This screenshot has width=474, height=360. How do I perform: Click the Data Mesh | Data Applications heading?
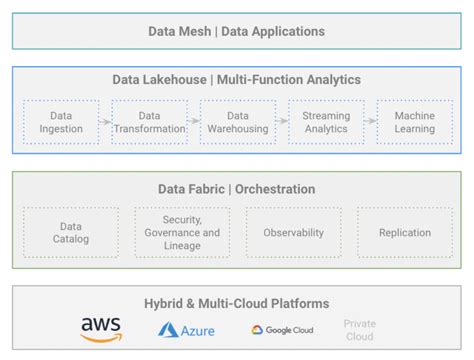tap(237, 31)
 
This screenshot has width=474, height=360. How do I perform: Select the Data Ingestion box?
tap(61, 122)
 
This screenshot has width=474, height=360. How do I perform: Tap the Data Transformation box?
tap(149, 122)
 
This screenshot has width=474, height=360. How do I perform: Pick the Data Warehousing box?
tap(237, 122)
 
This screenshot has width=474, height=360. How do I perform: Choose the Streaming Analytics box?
tap(326, 122)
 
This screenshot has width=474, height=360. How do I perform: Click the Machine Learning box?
tap(414, 122)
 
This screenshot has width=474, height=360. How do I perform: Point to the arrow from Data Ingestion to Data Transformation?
tap(105, 128)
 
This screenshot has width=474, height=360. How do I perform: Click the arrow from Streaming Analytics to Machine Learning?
tap(370, 128)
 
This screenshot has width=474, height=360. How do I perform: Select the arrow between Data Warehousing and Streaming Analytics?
tap(282, 128)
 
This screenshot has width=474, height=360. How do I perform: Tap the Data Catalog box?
tap(71, 233)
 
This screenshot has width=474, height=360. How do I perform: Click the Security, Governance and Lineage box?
tap(182, 233)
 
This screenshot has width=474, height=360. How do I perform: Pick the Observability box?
tap(293, 233)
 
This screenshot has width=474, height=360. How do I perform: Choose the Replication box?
tap(404, 233)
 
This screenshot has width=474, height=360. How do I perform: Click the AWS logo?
tap(101, 328)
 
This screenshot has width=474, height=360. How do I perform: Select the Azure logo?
tap(186, 330)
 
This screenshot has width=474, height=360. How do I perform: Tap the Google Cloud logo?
tap(282, 330)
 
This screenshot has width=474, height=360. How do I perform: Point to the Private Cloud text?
tap(360, 330)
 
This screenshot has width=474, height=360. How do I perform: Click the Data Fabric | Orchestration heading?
tap(237, 189)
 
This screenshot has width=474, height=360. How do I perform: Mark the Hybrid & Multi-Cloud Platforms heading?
tap(237, 303)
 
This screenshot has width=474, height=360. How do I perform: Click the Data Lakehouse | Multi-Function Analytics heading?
tap(237, 80)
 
